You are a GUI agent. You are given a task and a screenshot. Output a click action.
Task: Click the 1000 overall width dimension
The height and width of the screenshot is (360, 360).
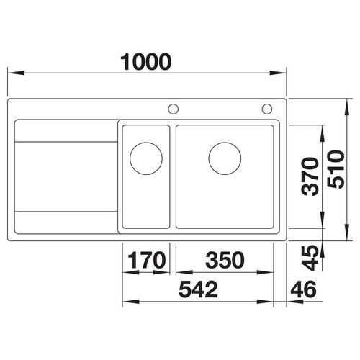click(146, 62)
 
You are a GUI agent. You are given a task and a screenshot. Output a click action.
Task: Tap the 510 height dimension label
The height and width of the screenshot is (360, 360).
click(336, 169)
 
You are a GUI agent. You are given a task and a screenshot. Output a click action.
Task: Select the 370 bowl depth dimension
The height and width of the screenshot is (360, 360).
click(310, 176)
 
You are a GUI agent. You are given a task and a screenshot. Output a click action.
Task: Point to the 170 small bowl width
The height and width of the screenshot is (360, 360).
click(146, 260)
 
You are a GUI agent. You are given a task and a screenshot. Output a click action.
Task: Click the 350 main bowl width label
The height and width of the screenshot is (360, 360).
click(225, 260)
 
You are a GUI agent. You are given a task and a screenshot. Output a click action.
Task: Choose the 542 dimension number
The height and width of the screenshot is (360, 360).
click(198, 289)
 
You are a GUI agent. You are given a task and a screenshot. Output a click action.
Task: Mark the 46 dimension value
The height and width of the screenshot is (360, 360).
click(303, 289)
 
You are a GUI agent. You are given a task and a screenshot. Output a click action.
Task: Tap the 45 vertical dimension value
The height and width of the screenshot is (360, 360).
click(310, 258)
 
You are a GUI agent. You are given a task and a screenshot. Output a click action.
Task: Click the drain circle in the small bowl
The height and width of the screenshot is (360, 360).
click(146, 158)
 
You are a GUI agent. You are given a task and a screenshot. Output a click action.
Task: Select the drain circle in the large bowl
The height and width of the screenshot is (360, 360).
click(225, 158)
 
